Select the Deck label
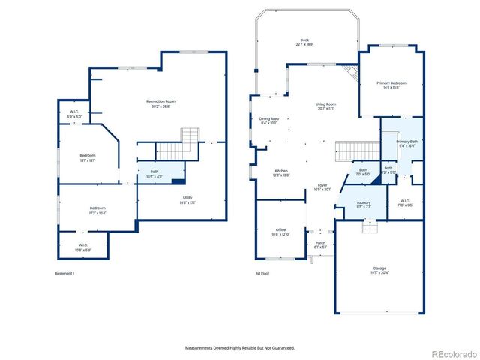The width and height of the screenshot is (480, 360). point(304,41)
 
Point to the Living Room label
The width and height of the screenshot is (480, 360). point(325,106)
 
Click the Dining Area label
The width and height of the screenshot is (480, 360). point(269,120)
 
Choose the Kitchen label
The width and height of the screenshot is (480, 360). point(281,172)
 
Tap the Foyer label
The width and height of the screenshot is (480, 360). point(322,187)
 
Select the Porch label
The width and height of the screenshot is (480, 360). point(320,245)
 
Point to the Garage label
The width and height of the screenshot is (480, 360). point(380,269)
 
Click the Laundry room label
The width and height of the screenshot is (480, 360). point(363,204)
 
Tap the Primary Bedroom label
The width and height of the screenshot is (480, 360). point(388,84)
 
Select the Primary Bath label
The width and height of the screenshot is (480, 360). point(407,143)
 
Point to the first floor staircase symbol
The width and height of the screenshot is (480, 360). point(349,151)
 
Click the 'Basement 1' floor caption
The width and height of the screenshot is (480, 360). point(65,274)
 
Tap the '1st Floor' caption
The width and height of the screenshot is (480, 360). point(262,274)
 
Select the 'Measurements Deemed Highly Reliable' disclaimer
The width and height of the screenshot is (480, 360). point(240,348)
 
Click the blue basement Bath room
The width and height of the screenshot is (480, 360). point(160,175)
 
